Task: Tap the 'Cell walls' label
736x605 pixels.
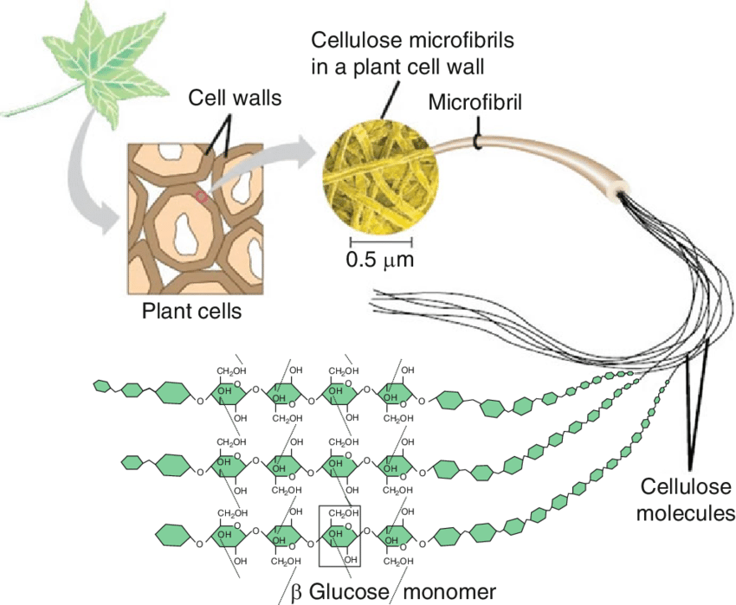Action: (235, 99)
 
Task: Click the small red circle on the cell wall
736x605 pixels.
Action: (202, 197)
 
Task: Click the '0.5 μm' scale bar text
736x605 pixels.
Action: (380, 259)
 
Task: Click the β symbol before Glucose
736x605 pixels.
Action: (295, 593)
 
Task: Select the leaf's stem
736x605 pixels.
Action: (35, 104)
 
